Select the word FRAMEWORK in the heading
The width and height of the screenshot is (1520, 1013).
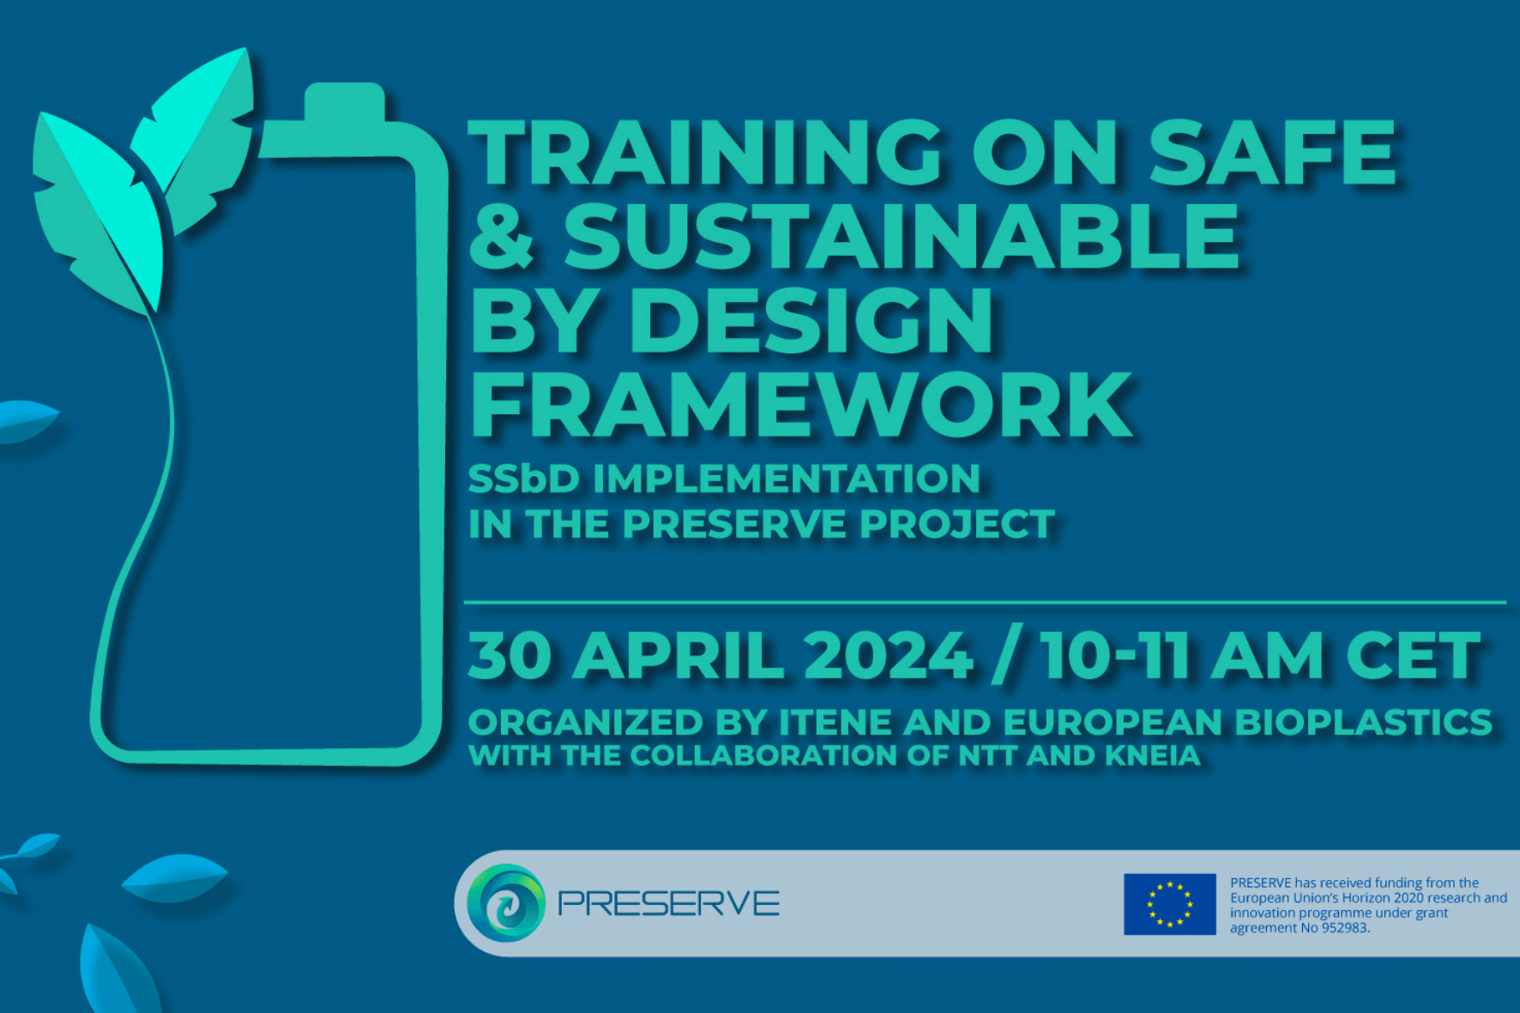pyautogui.click(x=801, y=405)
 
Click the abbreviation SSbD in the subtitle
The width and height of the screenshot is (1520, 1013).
pyautogui.click(x=523, y=479)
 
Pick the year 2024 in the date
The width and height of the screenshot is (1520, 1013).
pyautogui.click(x=888, y=656)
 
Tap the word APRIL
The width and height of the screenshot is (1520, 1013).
pyautogui.click(x=678, y=656)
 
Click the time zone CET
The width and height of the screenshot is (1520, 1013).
pyautogui.click(x=1413, y=656)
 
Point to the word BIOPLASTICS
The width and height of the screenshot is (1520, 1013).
pyautogui.click(x=1363, y=722)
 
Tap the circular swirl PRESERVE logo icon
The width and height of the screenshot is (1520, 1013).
pyautogui.click(x=506, y=902)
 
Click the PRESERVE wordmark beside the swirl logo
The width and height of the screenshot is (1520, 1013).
pyautogui.click(x=668, y=903)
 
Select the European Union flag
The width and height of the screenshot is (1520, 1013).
pyautogui.click(x=1169, y=904)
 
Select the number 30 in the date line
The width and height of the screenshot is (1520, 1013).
pyautogui.click(x=510, y=656)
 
